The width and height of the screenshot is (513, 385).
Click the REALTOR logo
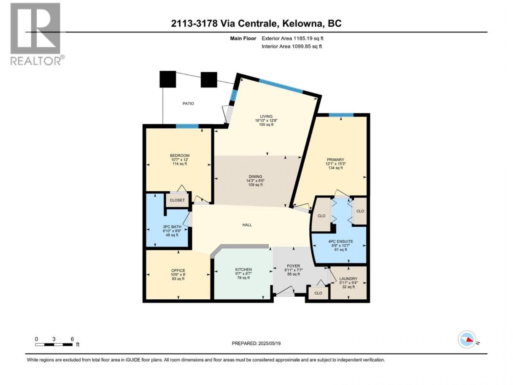point(38,34)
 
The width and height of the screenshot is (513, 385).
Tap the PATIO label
point(188,103)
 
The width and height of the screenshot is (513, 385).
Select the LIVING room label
point(266,116)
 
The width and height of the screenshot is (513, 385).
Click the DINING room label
point(255,176)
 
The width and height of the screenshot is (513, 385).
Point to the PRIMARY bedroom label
point(335,160)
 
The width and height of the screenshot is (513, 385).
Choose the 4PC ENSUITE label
point(340,241)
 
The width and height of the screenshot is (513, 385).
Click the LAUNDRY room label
point(348,279)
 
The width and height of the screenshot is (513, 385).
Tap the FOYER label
point(293,266)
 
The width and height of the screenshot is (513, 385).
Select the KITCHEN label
point(243,269)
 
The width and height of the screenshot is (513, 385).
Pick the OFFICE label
point(178,271)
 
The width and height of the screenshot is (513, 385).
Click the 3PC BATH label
point(172,227)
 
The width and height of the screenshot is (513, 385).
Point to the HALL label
point(247,225)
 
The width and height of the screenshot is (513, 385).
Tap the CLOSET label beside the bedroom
point(177,201)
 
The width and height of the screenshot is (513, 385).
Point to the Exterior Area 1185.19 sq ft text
point(292,38)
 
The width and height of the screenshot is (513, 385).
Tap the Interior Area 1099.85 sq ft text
point(292,46)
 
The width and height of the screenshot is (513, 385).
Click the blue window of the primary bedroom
point(341,115)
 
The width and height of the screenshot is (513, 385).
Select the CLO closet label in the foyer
point(318,293)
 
